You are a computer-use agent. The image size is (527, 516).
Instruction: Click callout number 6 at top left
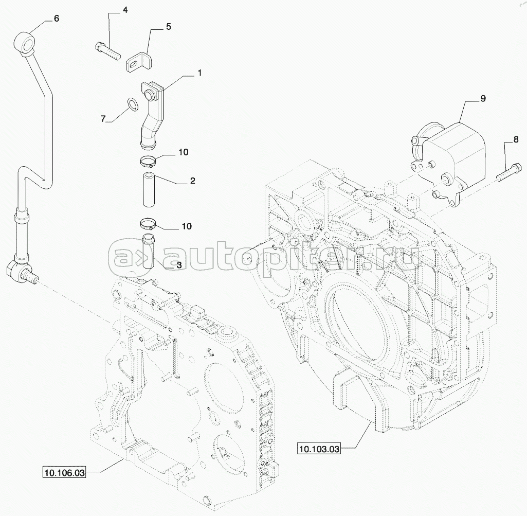(57, 18)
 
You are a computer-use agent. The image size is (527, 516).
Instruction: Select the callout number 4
(125, 10)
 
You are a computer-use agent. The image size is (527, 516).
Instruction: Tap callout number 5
(169, 27)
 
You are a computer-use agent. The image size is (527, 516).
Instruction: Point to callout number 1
(199, 73)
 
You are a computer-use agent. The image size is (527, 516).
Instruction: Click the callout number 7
(103, 118)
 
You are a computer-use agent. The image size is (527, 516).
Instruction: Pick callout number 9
(483, 99)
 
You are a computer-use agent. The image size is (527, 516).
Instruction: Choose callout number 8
(516, 139)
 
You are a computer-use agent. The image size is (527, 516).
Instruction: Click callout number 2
(193, 181)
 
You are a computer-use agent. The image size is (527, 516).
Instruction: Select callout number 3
(179, 265)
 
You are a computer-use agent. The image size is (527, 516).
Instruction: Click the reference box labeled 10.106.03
(64, 473)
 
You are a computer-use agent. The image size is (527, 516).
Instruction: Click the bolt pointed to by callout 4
(108, 51)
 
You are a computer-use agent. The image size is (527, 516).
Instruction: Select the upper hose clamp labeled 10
(148, 162)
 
